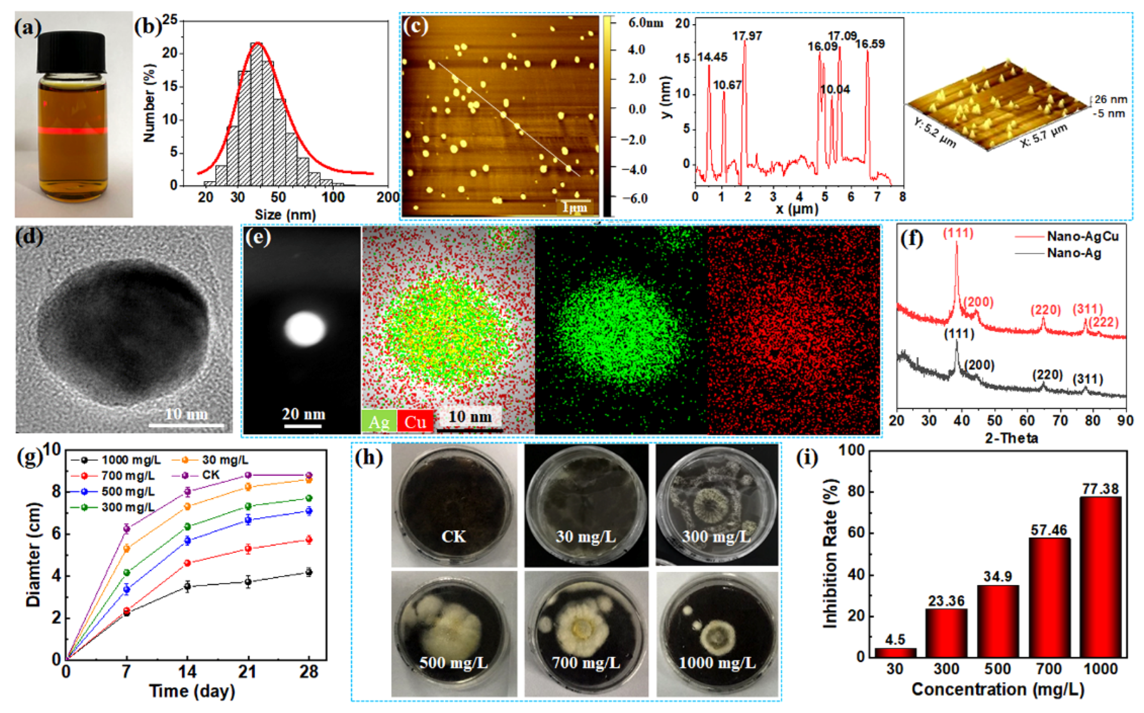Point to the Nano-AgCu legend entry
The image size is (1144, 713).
[x=1082, y=236]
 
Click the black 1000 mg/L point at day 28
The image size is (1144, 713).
[x=309, y=572]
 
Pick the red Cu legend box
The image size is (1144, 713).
[x=415, y=421]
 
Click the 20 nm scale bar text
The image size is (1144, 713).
[x=303, y=414]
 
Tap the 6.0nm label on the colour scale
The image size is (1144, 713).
[x=645, y=23]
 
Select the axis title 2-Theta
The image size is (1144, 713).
[x=1011, y=438]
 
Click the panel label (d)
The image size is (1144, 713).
[x=29, y=236]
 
